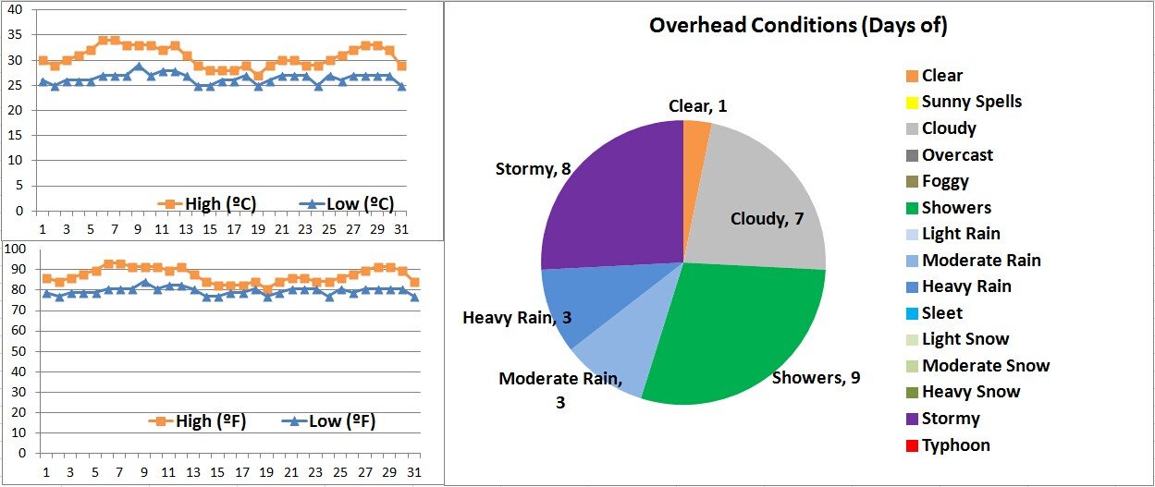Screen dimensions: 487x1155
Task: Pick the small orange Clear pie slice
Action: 694,139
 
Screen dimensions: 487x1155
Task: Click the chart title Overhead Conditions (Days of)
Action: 797,26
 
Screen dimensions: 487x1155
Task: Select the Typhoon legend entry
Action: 955,445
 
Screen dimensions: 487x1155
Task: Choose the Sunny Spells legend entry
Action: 971,102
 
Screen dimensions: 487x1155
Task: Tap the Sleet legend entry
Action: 941,313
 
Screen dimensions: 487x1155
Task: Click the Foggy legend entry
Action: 945,181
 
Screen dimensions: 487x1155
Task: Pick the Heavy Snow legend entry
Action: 970,392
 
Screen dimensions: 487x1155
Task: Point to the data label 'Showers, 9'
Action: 817,378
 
